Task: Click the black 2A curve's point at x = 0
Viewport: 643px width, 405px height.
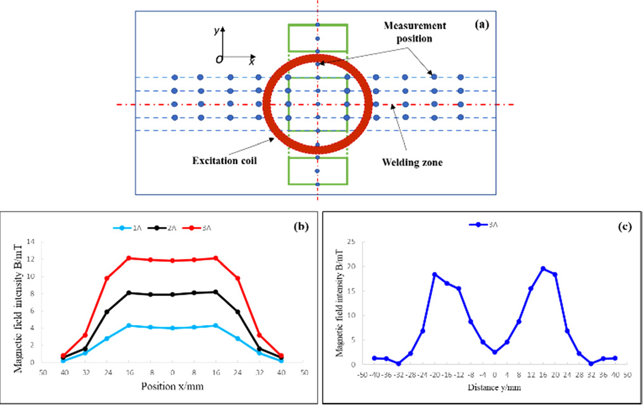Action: pyautogui.click(x=172, y=294)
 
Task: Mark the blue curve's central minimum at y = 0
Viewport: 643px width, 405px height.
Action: pyautogui.click(x=494, y=352)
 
